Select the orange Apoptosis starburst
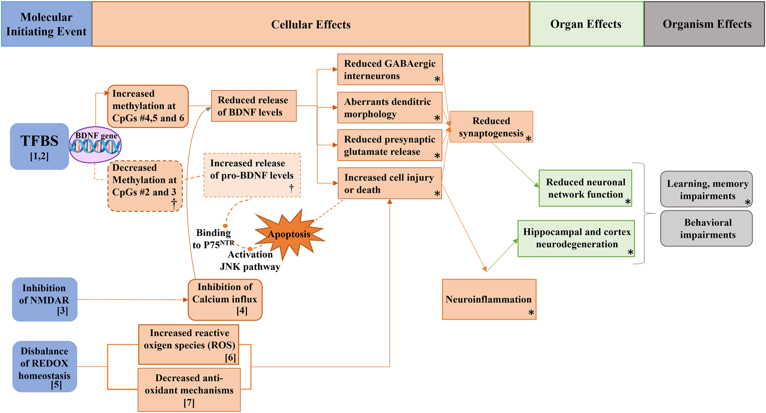[x=289, y=234]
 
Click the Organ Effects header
[x=586, y=24]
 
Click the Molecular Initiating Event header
[x=46, y=24]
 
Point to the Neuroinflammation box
[x=489, y=299]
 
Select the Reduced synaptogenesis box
[x=491, y=127]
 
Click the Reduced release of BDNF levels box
[x=253, y=106]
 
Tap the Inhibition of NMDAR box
[x=44, y=299]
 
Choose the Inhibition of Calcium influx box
[x=225, y=300]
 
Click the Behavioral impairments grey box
[x=706, y=228]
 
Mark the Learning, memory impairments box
[x=706, y=189]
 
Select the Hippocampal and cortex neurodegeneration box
[x=576, y=239]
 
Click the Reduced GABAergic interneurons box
[x=390, y=70]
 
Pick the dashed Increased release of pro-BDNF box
[x=252, y=175]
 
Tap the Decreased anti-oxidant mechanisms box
[x=189, y=390]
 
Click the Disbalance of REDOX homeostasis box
[x=44, y=367]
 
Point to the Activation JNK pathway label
[x=250, y=261]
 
